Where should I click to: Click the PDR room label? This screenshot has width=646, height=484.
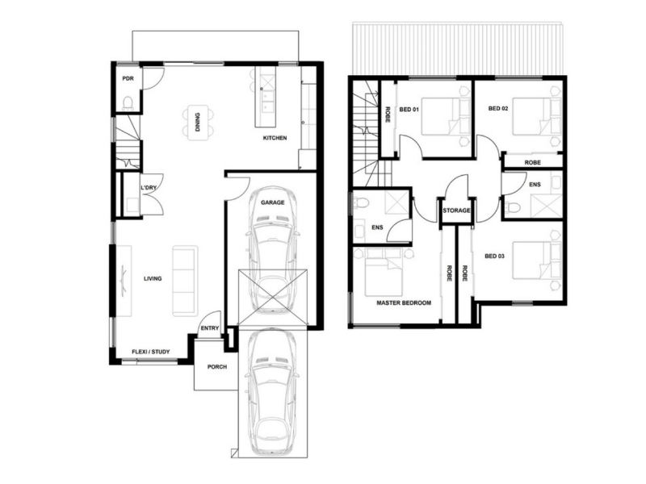point(128,78)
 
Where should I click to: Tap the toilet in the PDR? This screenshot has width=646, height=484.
point(128,104)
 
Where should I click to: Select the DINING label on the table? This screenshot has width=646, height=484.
point(198,123)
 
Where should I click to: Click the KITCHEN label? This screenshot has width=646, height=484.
point(275,137)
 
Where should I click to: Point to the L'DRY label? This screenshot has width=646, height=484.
point(149,188)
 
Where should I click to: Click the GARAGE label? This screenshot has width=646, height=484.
point(272,202)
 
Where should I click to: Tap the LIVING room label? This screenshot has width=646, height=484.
point(153,278)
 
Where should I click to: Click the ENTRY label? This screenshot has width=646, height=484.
point(210,328)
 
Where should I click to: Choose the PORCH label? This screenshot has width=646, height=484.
point(216,367)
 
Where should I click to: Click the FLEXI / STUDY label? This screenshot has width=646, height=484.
point(150,352)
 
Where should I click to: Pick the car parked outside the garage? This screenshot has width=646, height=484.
point(273,391)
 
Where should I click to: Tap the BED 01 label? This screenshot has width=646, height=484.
point(409,110)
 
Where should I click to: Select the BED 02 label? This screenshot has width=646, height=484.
point(498,109)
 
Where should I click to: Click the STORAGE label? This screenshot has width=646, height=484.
point(456,211)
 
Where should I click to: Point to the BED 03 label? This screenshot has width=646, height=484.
point(494,256)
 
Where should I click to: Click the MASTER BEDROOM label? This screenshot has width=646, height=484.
point(404,302)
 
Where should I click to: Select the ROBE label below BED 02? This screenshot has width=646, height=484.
point(532,163)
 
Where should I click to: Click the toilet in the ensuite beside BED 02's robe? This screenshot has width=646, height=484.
point(513,207)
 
